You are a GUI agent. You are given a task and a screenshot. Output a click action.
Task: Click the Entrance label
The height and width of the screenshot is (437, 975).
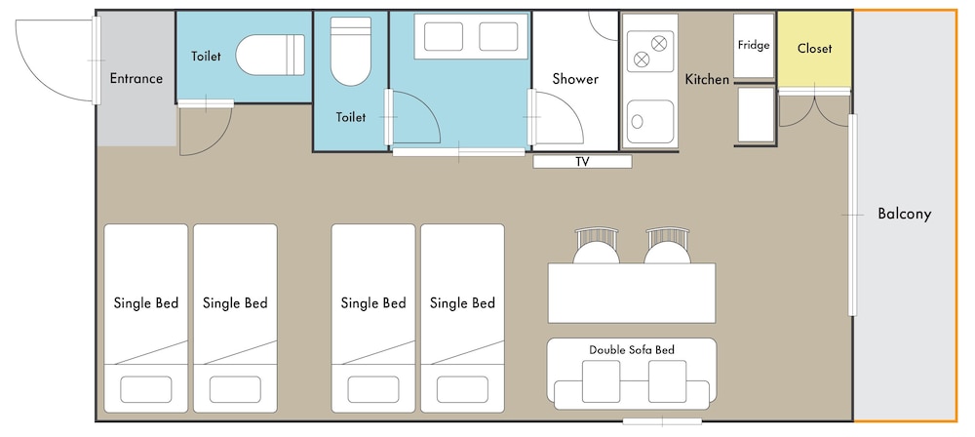click(x=136, y=78)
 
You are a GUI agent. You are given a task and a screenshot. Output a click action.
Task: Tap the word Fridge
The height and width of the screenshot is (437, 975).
click(x=754, y=46)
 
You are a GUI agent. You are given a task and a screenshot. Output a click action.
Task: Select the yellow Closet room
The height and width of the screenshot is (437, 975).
click(x=814, y=50)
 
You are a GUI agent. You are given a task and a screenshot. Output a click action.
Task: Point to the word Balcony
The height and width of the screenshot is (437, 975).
click(x=904, y=215)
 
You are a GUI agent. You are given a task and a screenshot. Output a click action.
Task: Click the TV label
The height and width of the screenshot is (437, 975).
click(x=582, y=162)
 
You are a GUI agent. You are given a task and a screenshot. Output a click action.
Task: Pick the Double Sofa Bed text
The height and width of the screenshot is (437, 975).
click(x=632, y=350)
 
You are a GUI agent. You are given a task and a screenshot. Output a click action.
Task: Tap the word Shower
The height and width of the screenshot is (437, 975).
click(x=575, y=79)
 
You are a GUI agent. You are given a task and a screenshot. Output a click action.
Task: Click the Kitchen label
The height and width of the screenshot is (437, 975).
click(x=707, y=80)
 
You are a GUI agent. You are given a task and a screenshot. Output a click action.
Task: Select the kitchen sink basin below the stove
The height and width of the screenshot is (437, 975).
click(x=649, y=121)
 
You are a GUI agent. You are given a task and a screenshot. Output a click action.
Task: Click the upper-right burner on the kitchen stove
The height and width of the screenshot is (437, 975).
click(x=658, y=44)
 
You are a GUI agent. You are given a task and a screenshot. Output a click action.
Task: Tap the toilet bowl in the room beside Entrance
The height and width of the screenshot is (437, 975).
click(x=270, y=55)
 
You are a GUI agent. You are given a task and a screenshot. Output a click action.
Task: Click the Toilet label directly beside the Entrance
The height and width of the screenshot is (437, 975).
click(x=206, y=56)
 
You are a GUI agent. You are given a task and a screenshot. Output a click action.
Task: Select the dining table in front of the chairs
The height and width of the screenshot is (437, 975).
click(x=631, y=294)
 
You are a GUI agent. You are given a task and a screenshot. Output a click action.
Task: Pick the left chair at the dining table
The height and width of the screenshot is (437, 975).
click(x=597, y=246)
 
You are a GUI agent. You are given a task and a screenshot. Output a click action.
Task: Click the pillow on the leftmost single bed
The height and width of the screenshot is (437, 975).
click(x=145, y=389)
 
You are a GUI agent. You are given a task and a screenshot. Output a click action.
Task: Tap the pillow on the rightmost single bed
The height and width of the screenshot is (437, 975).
click(x=462, y=389)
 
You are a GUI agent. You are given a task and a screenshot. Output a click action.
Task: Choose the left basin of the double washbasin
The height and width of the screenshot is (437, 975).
click(x=444, y=37)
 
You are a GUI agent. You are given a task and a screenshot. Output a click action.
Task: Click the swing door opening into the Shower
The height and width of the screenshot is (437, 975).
click(x=556, y=118)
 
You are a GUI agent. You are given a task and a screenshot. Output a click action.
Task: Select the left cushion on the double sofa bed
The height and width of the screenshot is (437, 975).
click(x=601, y=380)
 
